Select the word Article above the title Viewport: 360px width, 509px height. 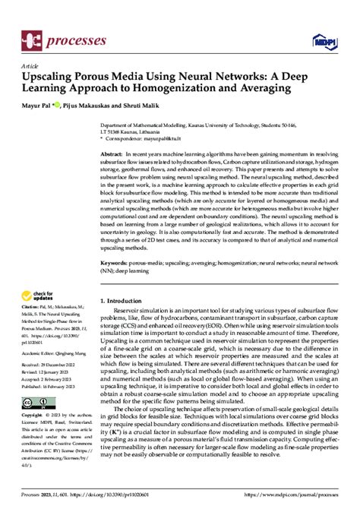[30, 66]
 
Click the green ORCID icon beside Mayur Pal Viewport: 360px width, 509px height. [62, 103]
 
